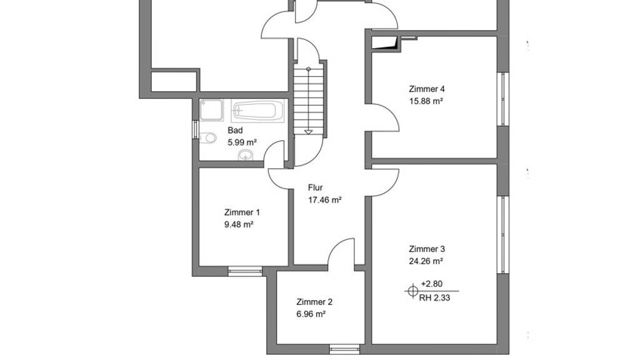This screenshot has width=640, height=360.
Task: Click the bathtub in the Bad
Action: click(257, 111)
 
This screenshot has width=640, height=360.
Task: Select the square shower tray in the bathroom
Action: click(211, 110)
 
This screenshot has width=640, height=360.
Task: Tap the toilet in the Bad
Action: click(208, 138)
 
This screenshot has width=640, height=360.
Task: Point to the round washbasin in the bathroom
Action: click(246, 155)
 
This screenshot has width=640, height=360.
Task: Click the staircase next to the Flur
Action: click(309, 101)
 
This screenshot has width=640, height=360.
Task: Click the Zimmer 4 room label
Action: click(426, 89)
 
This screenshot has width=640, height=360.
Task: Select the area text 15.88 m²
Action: click(426, 101)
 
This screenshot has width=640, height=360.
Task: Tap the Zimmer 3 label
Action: click(426, 249)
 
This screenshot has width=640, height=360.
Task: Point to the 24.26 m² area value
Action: click(426, 261)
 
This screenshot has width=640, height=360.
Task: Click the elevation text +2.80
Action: click(431, 284)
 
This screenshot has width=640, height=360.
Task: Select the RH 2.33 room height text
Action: click(434, 298)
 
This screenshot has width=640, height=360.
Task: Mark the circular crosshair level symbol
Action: click(412, 291)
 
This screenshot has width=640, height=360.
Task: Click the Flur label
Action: click(315, 187)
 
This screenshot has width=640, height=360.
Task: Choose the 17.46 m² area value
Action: click(324, 200)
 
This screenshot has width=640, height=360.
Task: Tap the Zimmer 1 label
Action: click(242, 212)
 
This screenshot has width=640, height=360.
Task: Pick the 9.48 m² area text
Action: click(239, 224)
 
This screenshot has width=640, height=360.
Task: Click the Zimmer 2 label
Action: click(314, 302)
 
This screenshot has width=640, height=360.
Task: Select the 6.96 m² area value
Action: click(311, 314)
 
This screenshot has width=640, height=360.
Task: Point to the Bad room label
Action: click(235, 130)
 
